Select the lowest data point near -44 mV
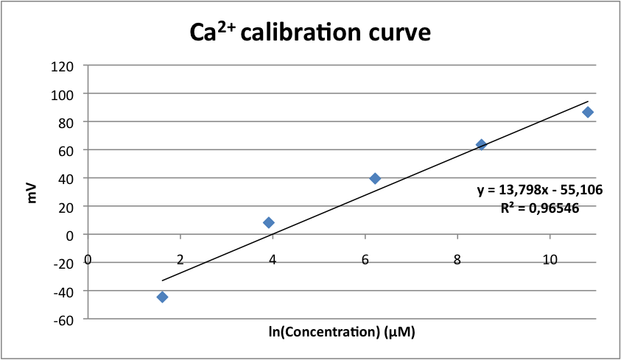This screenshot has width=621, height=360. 162,297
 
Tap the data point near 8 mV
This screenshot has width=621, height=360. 269,222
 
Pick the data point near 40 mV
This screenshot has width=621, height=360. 375,178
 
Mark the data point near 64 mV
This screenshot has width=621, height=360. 481,144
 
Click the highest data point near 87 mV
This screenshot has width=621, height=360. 588,112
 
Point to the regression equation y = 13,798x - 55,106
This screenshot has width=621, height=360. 540,190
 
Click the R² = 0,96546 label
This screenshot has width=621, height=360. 539,208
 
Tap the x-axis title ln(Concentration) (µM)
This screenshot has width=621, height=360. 342,332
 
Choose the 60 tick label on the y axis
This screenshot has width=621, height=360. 66,150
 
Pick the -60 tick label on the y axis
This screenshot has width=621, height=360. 64,320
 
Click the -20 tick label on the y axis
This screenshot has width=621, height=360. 64,263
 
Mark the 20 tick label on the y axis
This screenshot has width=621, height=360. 66,207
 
